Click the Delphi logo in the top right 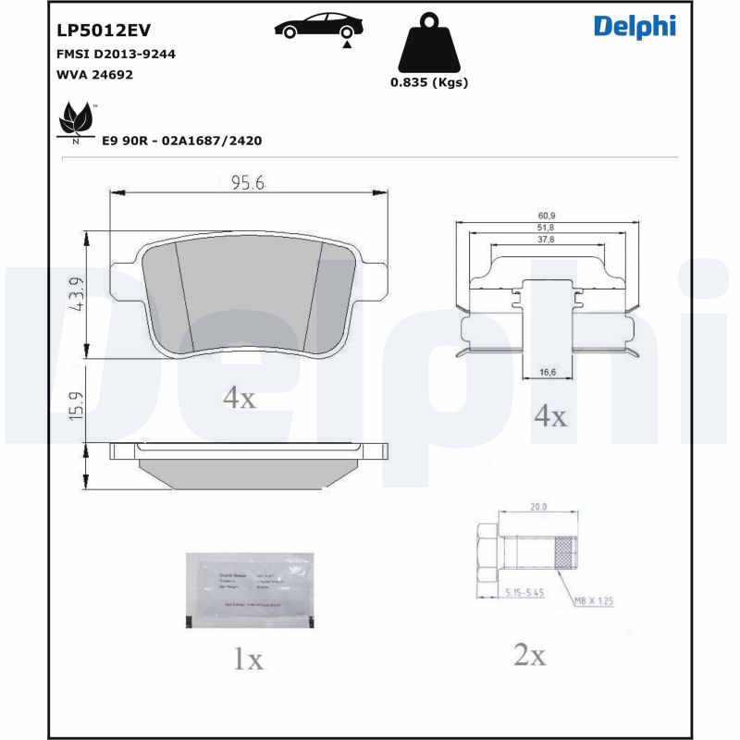pos(635,26)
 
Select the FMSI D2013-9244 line pos(116,54)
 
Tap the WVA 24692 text pos(94,74)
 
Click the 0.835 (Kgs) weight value pos(428,81)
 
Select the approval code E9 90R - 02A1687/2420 pos(183,141)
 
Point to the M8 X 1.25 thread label pos(593,600)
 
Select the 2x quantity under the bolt pos(529,656)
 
